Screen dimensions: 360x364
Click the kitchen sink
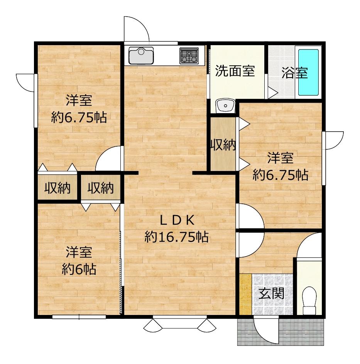141,56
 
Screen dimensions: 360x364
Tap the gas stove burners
189,56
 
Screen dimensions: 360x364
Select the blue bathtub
308,72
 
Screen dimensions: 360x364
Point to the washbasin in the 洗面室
225,106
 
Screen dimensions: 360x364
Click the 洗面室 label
235,71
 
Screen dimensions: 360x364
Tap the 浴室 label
295,73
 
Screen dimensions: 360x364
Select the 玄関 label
271,293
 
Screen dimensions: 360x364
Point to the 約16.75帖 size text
176,237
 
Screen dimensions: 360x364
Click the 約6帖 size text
79,269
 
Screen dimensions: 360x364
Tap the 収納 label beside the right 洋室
223,145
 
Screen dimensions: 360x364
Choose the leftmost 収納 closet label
57,188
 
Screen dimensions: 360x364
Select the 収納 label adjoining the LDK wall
100,188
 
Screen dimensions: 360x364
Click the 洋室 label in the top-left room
79,100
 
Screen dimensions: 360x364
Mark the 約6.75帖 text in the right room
281,175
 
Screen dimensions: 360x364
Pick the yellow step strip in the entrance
245,294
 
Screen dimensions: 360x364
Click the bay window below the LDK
180,323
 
